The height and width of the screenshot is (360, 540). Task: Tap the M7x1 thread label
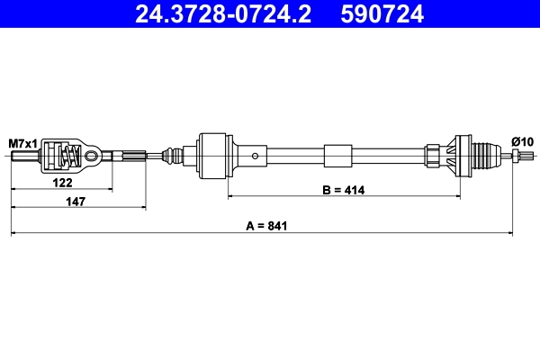pyautogui.click(x=23, y=143)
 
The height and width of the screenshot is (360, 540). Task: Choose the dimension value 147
pyautogui.click(x=76, y=201)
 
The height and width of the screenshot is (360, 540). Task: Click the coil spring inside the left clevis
pyautogui.click(x=66, y=157)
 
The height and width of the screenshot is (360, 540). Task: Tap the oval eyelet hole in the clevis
pyautogui.click(x=92, y=157)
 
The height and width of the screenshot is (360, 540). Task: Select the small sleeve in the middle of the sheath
pyautogui.click(x=338, y=157)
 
